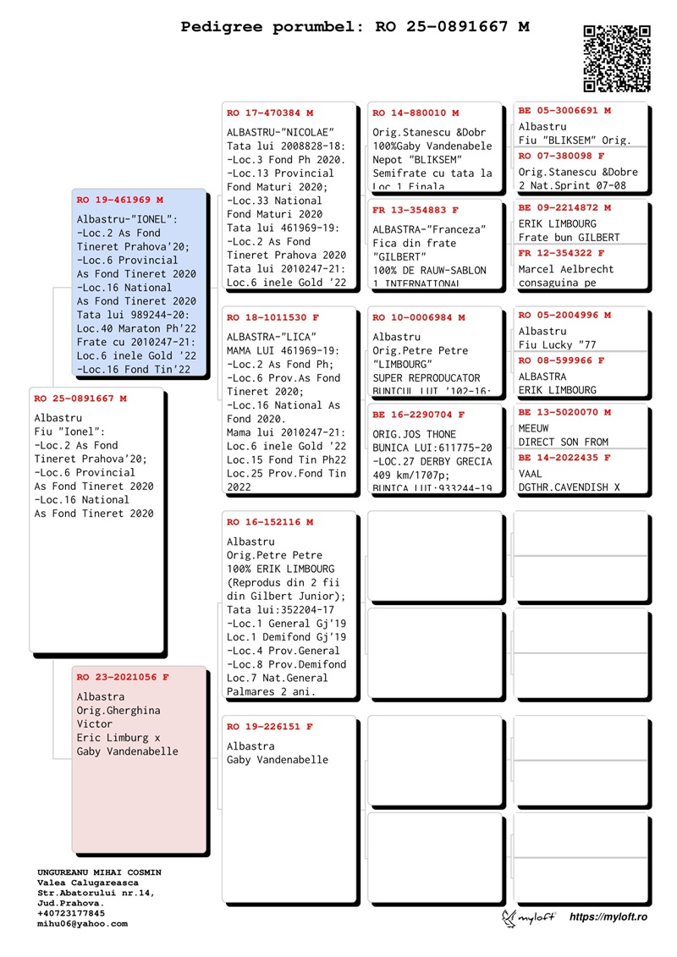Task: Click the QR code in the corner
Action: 617,58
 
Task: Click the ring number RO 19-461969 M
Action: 119,201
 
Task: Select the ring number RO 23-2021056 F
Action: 123,677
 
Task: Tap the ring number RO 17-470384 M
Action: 269,113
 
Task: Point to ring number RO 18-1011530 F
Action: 272,317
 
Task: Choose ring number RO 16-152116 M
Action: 269,522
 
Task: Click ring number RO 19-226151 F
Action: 269,727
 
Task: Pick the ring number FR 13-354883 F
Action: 416,210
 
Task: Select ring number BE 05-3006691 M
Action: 564,110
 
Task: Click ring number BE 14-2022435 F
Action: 564,458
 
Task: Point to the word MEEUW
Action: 534,428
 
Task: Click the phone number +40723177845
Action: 71,914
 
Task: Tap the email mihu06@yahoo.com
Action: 82,924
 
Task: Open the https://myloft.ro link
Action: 608,917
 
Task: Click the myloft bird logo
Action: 509,918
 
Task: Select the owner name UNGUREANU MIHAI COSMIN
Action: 99,872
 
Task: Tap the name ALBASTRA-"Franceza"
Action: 430,229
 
